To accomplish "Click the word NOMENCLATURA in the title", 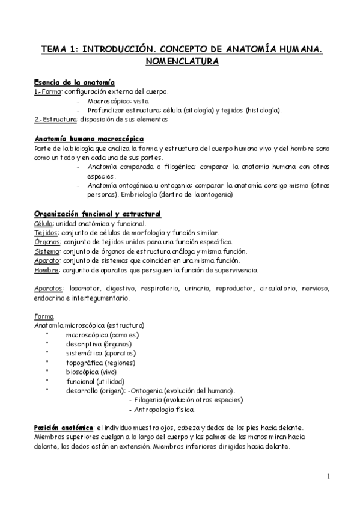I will coord(180,61).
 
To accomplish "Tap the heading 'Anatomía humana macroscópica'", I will coord(85,138).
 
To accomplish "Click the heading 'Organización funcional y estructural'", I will coord(97,214).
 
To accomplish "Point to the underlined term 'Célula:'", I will coord(45,223).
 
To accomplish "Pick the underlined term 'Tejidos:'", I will coord(46,233).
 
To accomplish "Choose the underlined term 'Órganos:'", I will coord(47,242).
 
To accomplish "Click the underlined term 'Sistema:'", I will coord(47,251).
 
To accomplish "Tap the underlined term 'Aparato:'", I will coord(47,260).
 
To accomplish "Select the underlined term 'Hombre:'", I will coord(47,270).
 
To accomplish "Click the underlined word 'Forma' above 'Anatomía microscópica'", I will coord(44,316).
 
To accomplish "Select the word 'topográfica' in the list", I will coord(85,363).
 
